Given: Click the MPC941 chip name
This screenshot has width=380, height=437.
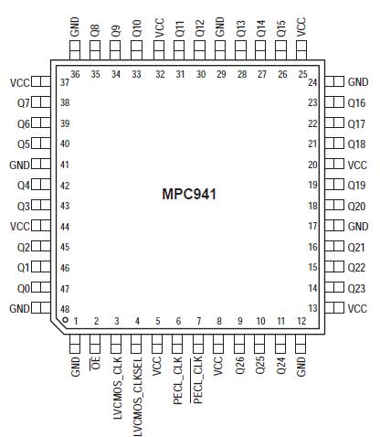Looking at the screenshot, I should coord(190,195).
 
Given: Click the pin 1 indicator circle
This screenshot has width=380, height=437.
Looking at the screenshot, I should coord(65,321).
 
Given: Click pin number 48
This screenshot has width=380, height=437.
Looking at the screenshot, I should coord(65,308).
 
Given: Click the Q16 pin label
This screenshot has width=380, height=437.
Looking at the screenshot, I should coord(357,103).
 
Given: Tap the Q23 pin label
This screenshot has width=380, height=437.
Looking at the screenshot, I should coord(357,288).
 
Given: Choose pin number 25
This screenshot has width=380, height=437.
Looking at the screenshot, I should coord(302,74).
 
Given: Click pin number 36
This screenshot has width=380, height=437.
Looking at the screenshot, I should coord(76,74).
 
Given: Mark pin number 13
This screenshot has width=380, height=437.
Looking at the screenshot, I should coord(312,308).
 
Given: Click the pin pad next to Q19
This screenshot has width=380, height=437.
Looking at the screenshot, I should coord(333,186).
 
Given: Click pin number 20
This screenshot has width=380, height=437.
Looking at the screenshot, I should coord(312,165).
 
